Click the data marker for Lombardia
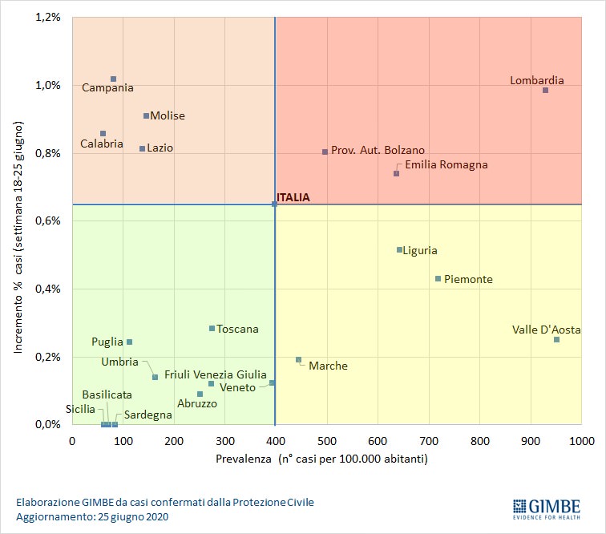click(545, 90)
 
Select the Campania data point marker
click(113, 79)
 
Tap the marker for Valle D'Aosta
click(556, 340)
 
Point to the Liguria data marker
click(399, 250)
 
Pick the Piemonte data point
click(438, 279)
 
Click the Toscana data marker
click(212, 329)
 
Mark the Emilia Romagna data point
click(396, 173)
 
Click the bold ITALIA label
click(293, 197)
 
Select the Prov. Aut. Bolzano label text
click(378, 150)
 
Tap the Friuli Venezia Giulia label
click(216, 374)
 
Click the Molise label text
click(168, 115)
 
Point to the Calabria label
click(102, 144)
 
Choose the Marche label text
click(328, 366)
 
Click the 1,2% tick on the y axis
click(48, 17)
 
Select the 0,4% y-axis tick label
click(48, 289)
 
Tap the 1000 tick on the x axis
click(581, 440)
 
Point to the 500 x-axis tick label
click(326, 440)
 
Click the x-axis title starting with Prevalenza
click(321, 459)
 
